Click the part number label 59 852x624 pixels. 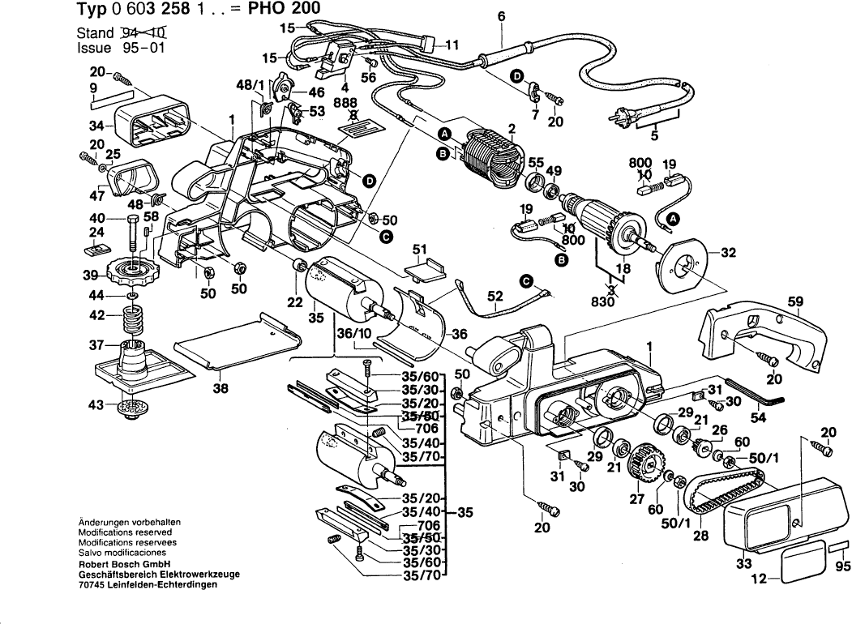[x=795, y=303]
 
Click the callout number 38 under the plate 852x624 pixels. [x=220, y=388]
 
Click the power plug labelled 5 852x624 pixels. [x=621, y=116]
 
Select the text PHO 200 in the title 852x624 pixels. [x=280, y=9]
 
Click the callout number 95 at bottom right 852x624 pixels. [x=842, y=566]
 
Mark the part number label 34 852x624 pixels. [x=96, y=126]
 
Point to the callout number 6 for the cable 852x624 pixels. [x=499, y=16]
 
